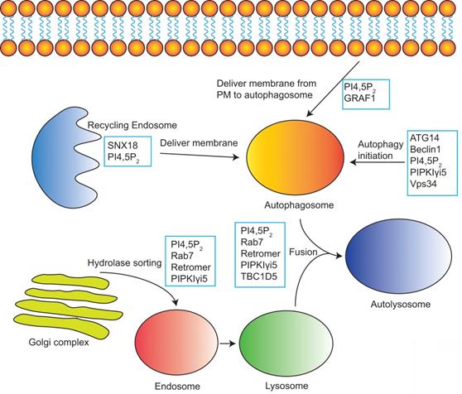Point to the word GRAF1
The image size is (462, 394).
point(362,99)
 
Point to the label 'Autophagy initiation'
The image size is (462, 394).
point(383,150)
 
